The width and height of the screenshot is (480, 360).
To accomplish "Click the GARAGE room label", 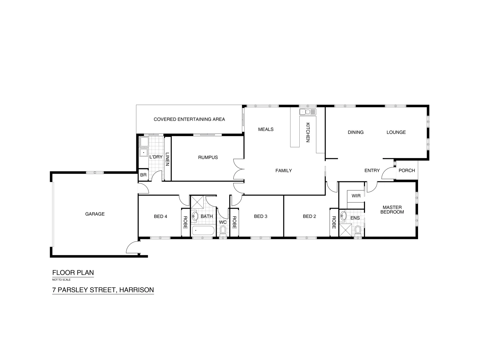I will [x=95, y=214].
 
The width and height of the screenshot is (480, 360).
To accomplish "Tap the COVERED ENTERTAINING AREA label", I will [x=189, y=119].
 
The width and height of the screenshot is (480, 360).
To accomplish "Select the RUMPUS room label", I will [x=208, y=157].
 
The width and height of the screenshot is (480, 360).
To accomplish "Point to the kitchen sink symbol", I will [x=307, y=112].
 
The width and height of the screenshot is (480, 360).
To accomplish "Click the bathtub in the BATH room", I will [x=203, y=231].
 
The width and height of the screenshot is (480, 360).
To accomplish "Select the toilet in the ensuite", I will [x=358, y=230].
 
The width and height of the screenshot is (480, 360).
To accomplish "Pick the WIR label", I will [x=356, y=196].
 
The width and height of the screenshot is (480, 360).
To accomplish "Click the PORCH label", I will [x=407, y=170].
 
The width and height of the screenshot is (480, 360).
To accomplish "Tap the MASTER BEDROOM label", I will [x=392, y=210].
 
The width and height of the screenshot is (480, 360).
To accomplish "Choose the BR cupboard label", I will [x=143, y=175].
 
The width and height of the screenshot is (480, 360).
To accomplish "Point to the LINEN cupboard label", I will [x=167, y=159].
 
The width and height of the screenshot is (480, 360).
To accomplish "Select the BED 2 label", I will [x=309, y=216].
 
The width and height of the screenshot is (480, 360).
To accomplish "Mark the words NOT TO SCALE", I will [x=61, y=280].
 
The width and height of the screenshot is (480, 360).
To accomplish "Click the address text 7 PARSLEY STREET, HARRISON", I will [x=103, y=290].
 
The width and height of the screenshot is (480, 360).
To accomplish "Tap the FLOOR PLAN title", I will [x=73, y=272].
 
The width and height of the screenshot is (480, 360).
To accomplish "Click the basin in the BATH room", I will [x=195, y=215].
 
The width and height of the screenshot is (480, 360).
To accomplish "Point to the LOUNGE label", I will [x=396, y=132].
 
